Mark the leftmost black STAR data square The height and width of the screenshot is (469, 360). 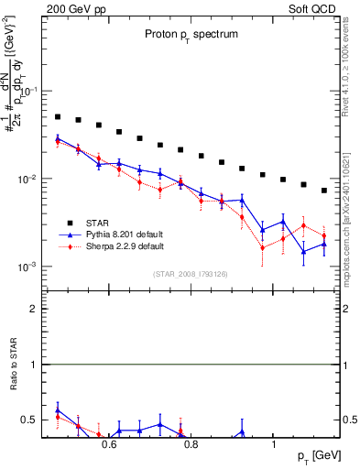point(57,117)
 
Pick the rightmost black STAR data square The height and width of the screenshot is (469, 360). point(324,191)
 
